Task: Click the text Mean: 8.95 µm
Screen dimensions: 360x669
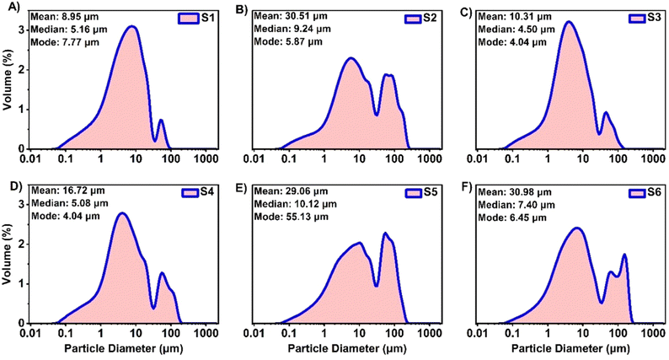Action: coord(65,16)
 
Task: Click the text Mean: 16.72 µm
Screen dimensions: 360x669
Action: coord(67,193)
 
